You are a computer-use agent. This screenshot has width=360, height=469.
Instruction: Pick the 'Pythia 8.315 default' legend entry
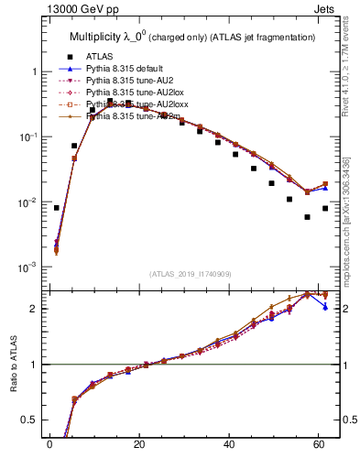point(128,69)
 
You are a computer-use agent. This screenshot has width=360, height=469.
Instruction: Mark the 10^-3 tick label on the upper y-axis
point(28,267)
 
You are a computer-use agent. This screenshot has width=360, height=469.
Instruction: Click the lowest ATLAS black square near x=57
point(307,217)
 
